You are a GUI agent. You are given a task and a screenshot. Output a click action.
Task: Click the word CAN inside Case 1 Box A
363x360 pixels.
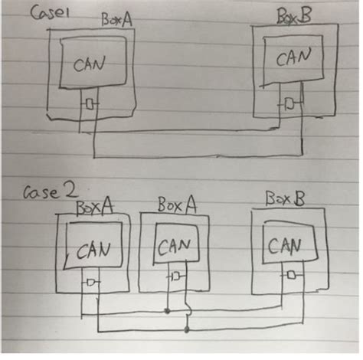89,66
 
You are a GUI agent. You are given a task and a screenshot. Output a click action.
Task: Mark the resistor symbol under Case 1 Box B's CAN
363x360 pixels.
289,103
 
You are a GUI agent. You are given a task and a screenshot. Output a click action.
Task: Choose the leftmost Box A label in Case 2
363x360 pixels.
93,206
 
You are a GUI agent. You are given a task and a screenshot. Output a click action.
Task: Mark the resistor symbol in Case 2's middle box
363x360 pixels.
175,275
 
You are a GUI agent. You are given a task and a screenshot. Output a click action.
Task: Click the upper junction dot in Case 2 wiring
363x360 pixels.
168,312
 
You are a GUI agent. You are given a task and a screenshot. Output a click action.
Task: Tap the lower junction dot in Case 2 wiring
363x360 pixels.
188,330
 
